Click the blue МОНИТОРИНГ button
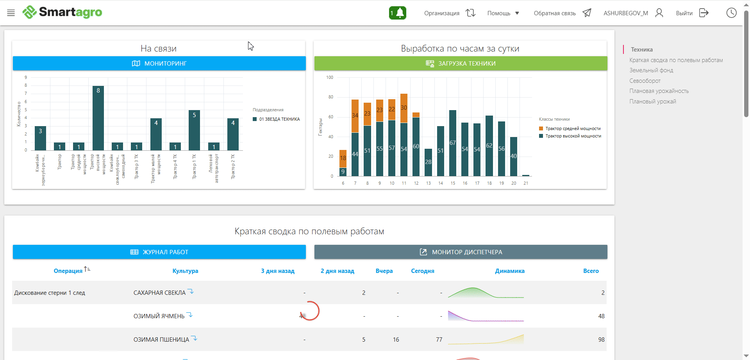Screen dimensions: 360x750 pos(159,63)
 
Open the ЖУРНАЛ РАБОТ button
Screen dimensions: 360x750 pos(159,252)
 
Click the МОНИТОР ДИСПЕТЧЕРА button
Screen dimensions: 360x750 pos(461,252)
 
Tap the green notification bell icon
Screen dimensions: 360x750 pos(398,13)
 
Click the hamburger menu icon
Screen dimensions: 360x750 pos(11,13)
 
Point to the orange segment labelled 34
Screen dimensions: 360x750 pos(355,116)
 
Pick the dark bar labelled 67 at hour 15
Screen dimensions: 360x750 pos(453,143)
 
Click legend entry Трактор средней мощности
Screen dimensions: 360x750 pos(573,128)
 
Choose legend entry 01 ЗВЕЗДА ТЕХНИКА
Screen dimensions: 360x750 pos(279,119)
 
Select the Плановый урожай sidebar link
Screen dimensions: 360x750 pos(652,102)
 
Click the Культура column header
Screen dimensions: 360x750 pos(185,271)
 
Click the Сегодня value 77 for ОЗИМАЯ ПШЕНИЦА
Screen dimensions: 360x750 pos(439,340)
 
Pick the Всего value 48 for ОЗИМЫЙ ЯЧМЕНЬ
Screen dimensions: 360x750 pos(601,316)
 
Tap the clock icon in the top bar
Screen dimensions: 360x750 pos(731,13)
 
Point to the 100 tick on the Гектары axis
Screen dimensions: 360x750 pos(330,77)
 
